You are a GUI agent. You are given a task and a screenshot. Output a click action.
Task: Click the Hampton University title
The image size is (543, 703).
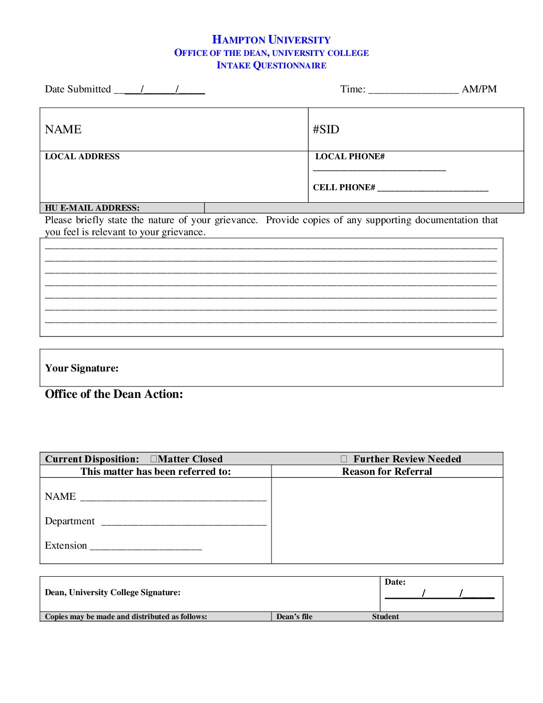point(271,40)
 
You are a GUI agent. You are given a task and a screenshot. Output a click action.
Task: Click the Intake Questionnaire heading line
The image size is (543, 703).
point(271,65)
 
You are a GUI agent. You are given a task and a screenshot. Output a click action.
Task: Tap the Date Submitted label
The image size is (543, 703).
point(78,89)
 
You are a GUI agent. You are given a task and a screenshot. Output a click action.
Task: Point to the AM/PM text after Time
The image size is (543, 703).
point(479,89)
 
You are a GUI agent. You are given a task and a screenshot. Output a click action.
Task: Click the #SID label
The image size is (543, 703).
point(326,130)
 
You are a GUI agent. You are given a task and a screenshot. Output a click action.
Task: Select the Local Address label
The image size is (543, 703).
point(82,157)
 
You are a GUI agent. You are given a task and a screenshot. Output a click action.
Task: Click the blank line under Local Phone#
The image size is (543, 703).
point(379,170)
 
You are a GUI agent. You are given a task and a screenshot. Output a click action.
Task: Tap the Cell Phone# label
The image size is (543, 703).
point(344,188)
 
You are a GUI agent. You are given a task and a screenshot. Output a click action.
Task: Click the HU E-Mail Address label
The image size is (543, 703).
point(92,208)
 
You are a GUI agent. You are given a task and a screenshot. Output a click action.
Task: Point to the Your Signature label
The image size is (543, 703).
point(82,368)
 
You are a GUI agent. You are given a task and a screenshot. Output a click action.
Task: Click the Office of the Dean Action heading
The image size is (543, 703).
point(114,394)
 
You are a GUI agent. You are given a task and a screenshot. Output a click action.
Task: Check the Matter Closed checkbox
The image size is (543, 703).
point(154,459)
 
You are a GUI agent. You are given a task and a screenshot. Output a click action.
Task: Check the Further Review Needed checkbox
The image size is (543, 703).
point(344,459)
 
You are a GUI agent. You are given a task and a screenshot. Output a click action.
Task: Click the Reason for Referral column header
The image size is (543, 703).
point(387,472)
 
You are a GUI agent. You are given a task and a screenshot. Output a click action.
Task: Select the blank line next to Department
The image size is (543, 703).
point(184,523)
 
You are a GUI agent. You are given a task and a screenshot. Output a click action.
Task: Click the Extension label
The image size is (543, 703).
point(66,546)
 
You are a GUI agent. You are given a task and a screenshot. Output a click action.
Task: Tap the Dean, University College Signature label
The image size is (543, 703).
point(113,593)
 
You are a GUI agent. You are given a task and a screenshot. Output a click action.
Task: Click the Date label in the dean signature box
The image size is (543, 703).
point(395,582)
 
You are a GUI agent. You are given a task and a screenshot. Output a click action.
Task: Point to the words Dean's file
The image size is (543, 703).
point(294,617)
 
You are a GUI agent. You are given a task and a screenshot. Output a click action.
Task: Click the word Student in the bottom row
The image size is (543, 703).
point(385,617)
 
